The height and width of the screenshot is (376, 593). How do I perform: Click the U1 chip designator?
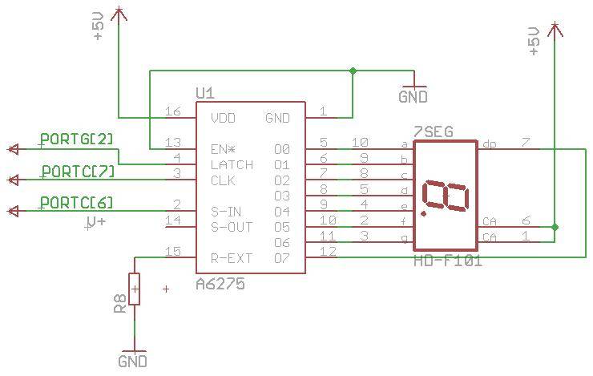tap(205, 93)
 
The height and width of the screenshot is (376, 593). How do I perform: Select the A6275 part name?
tap(220, 284)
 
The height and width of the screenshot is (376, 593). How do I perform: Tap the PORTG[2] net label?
tap(77, 139)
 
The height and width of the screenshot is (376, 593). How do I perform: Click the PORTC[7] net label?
tap(78, 171)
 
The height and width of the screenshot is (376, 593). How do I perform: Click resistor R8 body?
tap(135, 289)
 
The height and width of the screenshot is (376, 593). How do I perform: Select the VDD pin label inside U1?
tap(224, 118)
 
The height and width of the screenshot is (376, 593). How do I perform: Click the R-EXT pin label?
tap(231, 258)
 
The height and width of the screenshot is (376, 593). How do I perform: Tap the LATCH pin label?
tap(232, 164)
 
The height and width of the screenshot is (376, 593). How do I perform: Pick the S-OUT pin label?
tap(231, 227)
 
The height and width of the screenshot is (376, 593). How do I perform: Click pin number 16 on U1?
tap(171, 111)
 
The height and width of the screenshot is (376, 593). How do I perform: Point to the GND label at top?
tap(413, 97)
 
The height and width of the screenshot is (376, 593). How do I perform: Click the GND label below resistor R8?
tap(133, 362)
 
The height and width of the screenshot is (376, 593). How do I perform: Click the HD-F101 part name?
tap(447, 261)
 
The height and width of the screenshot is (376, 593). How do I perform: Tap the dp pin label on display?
tap(489, 144)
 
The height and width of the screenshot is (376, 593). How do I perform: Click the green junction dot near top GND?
tap(353, 71)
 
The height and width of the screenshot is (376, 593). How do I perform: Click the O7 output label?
tap(281, 258)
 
